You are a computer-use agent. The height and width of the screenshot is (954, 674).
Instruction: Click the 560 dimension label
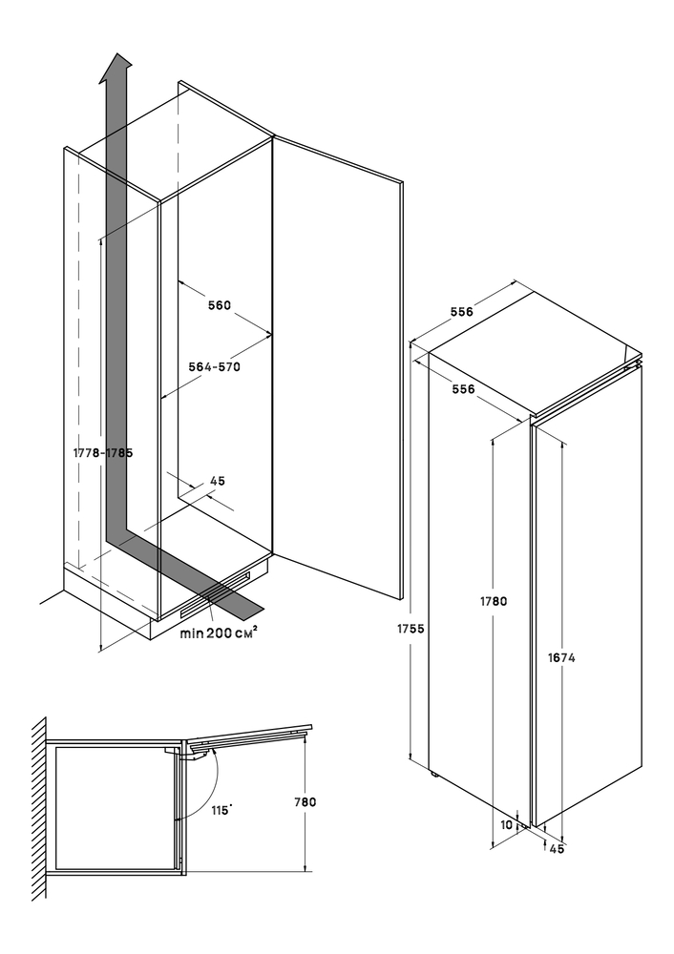click(220, 306)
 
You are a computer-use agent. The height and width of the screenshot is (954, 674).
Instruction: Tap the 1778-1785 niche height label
click(102, 453)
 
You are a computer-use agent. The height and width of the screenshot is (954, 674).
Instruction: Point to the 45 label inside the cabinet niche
click(217, 482)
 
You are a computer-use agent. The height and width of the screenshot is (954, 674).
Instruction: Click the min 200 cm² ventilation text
click(219, 632)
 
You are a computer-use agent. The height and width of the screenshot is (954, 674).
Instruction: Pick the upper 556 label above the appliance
click(463, 312)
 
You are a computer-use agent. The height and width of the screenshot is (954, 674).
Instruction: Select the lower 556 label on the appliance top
click(463, 389)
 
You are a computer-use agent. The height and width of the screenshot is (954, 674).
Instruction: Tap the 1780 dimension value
click(493, 601)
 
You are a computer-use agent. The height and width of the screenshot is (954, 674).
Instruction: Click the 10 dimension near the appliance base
click(506, 824)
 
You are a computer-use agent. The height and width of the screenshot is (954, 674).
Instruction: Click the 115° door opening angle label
click(222, 810)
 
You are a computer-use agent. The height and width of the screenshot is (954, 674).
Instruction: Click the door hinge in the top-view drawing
click(199, 751)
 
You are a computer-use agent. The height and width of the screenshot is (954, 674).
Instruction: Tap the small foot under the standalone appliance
click(436, 772)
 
